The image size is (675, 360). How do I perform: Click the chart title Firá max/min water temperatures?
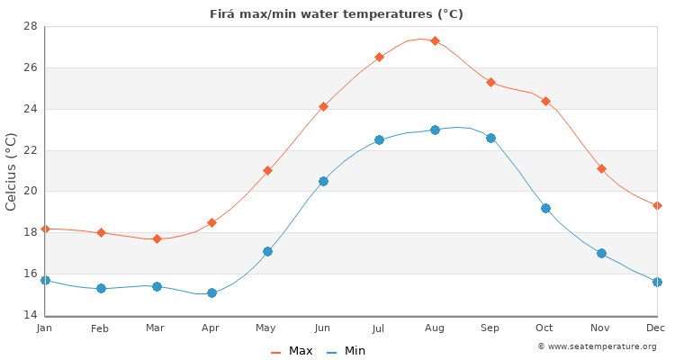[x=337, y=13]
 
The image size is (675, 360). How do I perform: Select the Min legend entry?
[x=346, y=351]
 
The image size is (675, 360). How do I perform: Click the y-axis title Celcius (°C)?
[x=12, y=171]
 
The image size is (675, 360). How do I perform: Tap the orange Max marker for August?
[x=435, y=40]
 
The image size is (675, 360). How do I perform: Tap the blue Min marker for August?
[x=435, y=130]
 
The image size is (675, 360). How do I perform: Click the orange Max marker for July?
[x=379, y=57]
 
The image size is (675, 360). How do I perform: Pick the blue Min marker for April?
[x=211, y=292]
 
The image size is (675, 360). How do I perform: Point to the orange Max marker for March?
[x=157, y=238]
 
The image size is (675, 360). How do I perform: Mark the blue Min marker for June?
[x=323, y=181]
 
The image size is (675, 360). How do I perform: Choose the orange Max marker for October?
[x=545, y=101]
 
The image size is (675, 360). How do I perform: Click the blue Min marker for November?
[x=601, y=253]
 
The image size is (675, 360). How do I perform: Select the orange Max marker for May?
[x=267, y=170]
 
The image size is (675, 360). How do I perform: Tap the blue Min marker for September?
[x=490, y=138]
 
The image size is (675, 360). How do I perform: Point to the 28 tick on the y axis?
[x=30, y=26]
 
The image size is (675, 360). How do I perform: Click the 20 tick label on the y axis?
[x=30, y=191]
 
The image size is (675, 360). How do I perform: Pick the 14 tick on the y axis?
[x=30, y=315]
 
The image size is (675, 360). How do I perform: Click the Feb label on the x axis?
[x=100, y=328]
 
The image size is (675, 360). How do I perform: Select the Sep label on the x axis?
[x=490, y=328]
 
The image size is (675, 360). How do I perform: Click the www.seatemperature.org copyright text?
[x=597, y=346]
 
